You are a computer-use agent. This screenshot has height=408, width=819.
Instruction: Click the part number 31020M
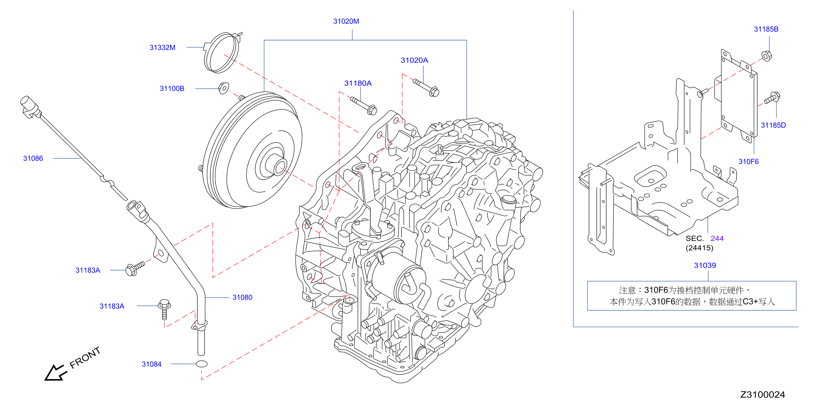coord(346,21)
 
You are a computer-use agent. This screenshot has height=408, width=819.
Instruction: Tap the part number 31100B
coord(172,89)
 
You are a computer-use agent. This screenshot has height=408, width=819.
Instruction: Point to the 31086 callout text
coord(33,158)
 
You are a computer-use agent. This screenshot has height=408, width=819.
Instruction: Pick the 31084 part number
coord(152,364)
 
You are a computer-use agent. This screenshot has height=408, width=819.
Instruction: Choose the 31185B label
coord(766,29)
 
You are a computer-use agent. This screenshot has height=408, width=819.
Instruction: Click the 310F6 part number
coord(748,162)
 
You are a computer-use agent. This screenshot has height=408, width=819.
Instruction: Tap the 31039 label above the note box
coord(705,265)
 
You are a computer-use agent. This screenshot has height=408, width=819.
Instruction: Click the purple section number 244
coord(717,238)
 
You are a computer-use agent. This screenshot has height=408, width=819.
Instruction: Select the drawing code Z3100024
coord(763,395)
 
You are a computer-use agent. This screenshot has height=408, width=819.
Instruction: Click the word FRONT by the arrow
coord(85,358)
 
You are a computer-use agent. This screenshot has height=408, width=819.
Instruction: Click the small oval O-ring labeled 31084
coord(202,364)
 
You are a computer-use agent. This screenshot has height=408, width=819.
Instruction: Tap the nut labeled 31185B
coord(767,56)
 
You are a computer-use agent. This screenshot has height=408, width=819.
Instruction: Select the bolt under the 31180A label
coord(364,106)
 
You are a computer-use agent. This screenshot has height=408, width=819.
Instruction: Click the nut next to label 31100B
coord(224,88)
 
